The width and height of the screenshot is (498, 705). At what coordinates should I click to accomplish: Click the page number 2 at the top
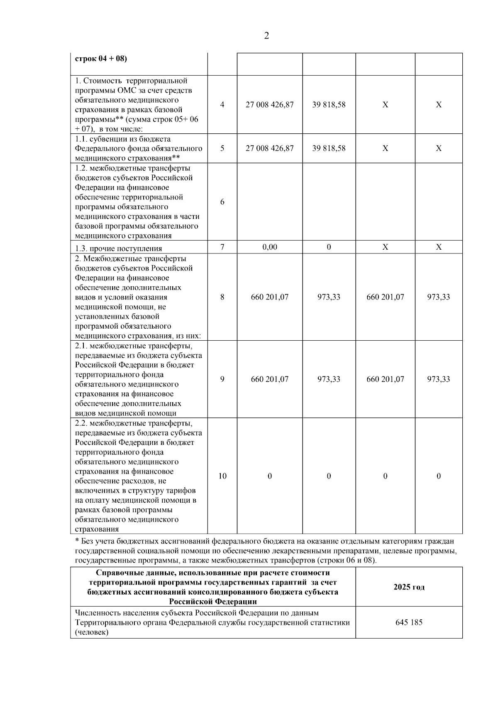tap(266, 36)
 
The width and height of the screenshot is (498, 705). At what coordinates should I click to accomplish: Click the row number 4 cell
tap(222, 105)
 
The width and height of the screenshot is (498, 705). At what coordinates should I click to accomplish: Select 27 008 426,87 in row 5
tap(269, 148)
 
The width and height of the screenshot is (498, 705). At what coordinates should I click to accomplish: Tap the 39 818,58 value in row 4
tap(329, 105)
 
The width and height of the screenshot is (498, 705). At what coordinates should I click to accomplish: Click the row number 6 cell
tap(222, 202)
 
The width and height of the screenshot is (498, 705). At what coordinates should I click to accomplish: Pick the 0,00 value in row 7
tap(269, 247)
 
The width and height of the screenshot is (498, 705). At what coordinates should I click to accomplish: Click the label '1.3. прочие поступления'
tap(119, 249)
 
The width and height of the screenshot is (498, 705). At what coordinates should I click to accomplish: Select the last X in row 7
tap(438, 247)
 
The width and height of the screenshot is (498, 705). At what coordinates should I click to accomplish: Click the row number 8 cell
tap(222, 297)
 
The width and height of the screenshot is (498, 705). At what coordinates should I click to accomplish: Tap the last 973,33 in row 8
tap(438, 297)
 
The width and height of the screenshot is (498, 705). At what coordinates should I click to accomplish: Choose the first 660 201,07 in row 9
tap(269, 379)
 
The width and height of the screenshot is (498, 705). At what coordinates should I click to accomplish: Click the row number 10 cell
tap(222, 476)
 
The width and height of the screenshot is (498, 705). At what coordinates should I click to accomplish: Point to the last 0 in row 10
tap(438, 476)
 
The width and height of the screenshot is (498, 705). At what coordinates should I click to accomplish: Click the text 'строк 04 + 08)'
tap(101, 59)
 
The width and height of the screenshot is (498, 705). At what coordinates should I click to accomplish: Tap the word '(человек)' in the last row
tap(92, 632)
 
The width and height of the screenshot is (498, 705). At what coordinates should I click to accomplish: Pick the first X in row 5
tap(385, 148)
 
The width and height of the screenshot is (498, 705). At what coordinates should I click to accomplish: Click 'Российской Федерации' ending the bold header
tap(212, 602)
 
